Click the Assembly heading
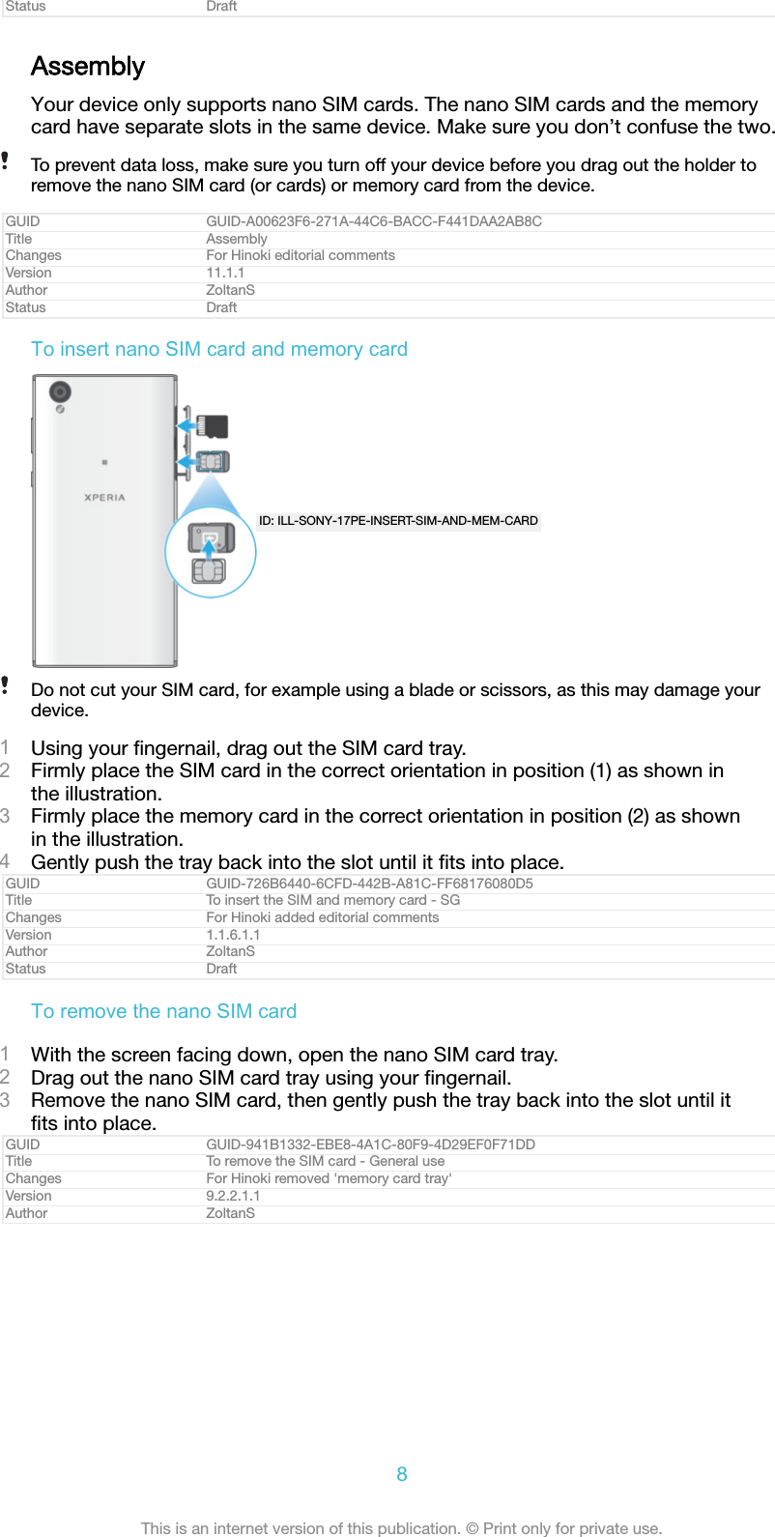coord(88,67)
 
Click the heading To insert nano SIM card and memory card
coord(219,349)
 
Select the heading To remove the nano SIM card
coord(163,1011)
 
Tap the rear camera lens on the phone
coord(61,391)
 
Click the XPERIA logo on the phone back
coord(104,498)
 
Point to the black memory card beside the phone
coord(213,426)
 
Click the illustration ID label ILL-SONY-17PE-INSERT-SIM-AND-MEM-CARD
coord(398,521)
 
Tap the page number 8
coord(401,1474)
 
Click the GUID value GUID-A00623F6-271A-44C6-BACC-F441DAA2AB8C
coord(374,221)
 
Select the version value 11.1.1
coord(225,273)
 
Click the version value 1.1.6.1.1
coord(233,935)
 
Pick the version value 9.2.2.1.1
coord(233,1196)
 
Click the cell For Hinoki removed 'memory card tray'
coord(329,1178)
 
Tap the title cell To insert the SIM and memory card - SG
coord(332,900)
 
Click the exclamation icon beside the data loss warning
coord(5,160)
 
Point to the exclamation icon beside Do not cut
coord(5,685)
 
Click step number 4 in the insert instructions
coord(6,861)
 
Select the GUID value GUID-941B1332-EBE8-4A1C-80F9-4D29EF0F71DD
coord(370,1145)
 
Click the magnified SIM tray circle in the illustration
coord(210,553)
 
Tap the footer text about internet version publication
coord(401,1528)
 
